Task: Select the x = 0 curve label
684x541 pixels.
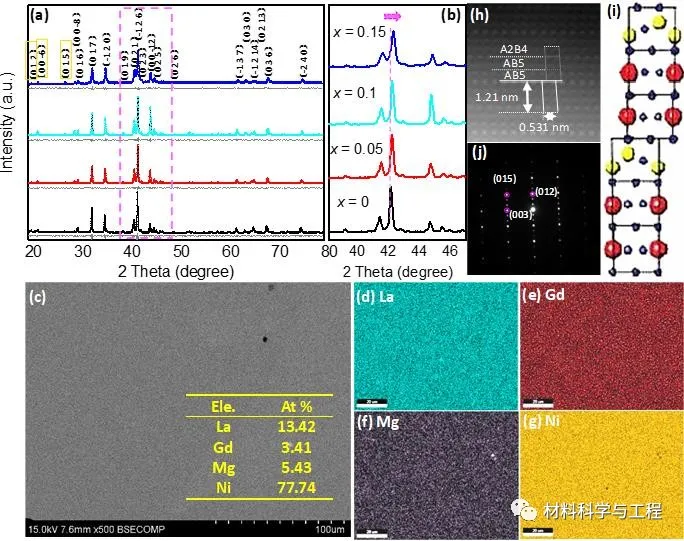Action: coord(353,202)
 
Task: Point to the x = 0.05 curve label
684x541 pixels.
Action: coord(358,148)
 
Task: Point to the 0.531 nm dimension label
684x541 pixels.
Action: coord(544,125)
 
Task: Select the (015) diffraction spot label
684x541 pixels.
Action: coord(503,178)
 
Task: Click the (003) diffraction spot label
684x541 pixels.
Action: coord(521,213)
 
